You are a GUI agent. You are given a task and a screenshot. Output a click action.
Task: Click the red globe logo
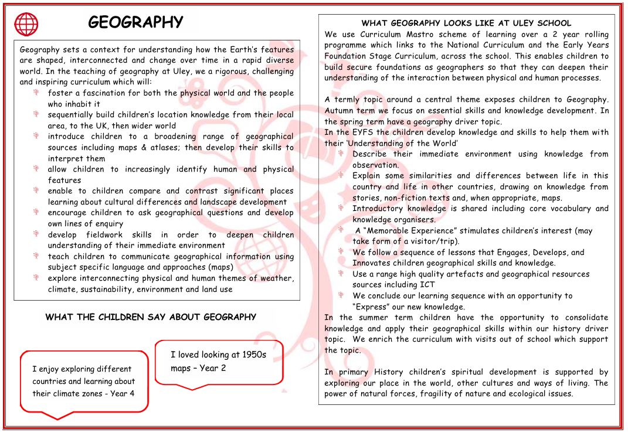(26, 25)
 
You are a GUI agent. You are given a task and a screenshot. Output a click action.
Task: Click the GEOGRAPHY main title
(135, 22)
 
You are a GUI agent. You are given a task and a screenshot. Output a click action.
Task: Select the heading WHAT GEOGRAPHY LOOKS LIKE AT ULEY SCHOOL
(466, 23)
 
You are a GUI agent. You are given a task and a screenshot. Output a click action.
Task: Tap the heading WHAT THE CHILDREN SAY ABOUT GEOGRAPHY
(151, 317)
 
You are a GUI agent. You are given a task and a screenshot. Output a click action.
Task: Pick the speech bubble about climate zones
(83, 381)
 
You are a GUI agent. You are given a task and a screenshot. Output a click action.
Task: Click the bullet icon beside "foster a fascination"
(36, 93)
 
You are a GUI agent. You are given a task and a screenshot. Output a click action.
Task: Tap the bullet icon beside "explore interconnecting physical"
(36, 278)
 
